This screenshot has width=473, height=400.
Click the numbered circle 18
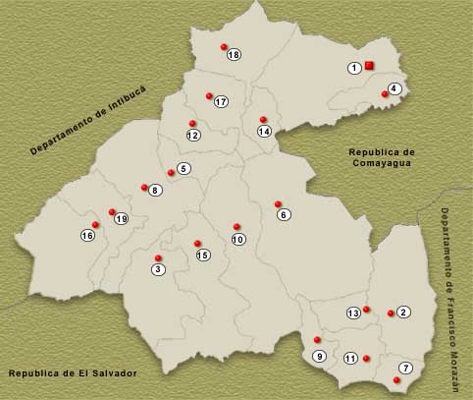234,55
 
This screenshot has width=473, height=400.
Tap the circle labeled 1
354,68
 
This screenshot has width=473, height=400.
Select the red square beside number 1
369,66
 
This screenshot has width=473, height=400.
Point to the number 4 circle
394,88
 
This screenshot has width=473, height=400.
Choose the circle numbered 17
221,102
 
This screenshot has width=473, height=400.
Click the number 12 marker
193,135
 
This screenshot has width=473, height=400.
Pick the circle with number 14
264,131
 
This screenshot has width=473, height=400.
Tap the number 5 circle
183,169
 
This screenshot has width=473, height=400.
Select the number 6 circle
284,214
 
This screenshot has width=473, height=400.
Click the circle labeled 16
87,235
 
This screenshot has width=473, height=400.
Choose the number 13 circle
354,314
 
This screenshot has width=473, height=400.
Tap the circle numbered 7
406,368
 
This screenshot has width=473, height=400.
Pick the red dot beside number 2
391,314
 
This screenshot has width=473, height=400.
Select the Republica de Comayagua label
383,158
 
